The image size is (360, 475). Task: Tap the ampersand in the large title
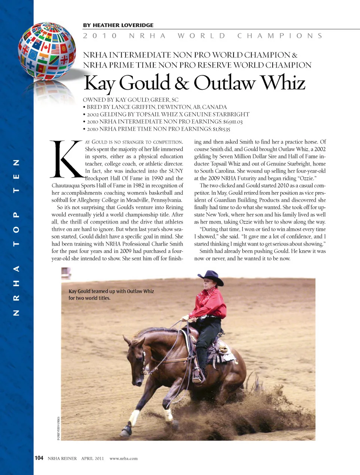click(181, 83)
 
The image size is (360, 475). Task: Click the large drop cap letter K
click(67, 159)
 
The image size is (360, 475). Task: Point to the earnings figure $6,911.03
click(232, 122)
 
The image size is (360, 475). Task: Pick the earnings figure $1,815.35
click(221, 129)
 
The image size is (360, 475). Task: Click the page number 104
click(39, 458)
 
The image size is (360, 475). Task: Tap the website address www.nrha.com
click(123, 458)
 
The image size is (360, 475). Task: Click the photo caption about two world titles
click(111, 295)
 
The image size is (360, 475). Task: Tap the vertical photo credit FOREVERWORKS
click(58, 428)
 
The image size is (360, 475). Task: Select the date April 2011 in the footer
click(92, 458)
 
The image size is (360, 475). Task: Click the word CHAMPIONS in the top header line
click(280, 36)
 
